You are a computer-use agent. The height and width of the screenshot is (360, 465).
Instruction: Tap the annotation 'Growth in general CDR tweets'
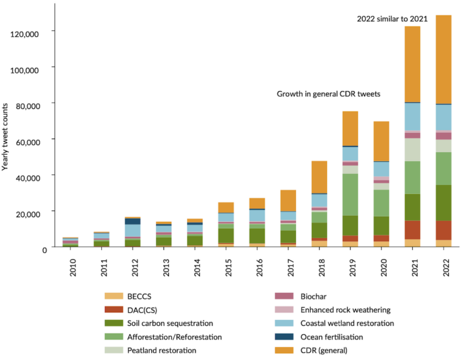(x=328, y=95)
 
